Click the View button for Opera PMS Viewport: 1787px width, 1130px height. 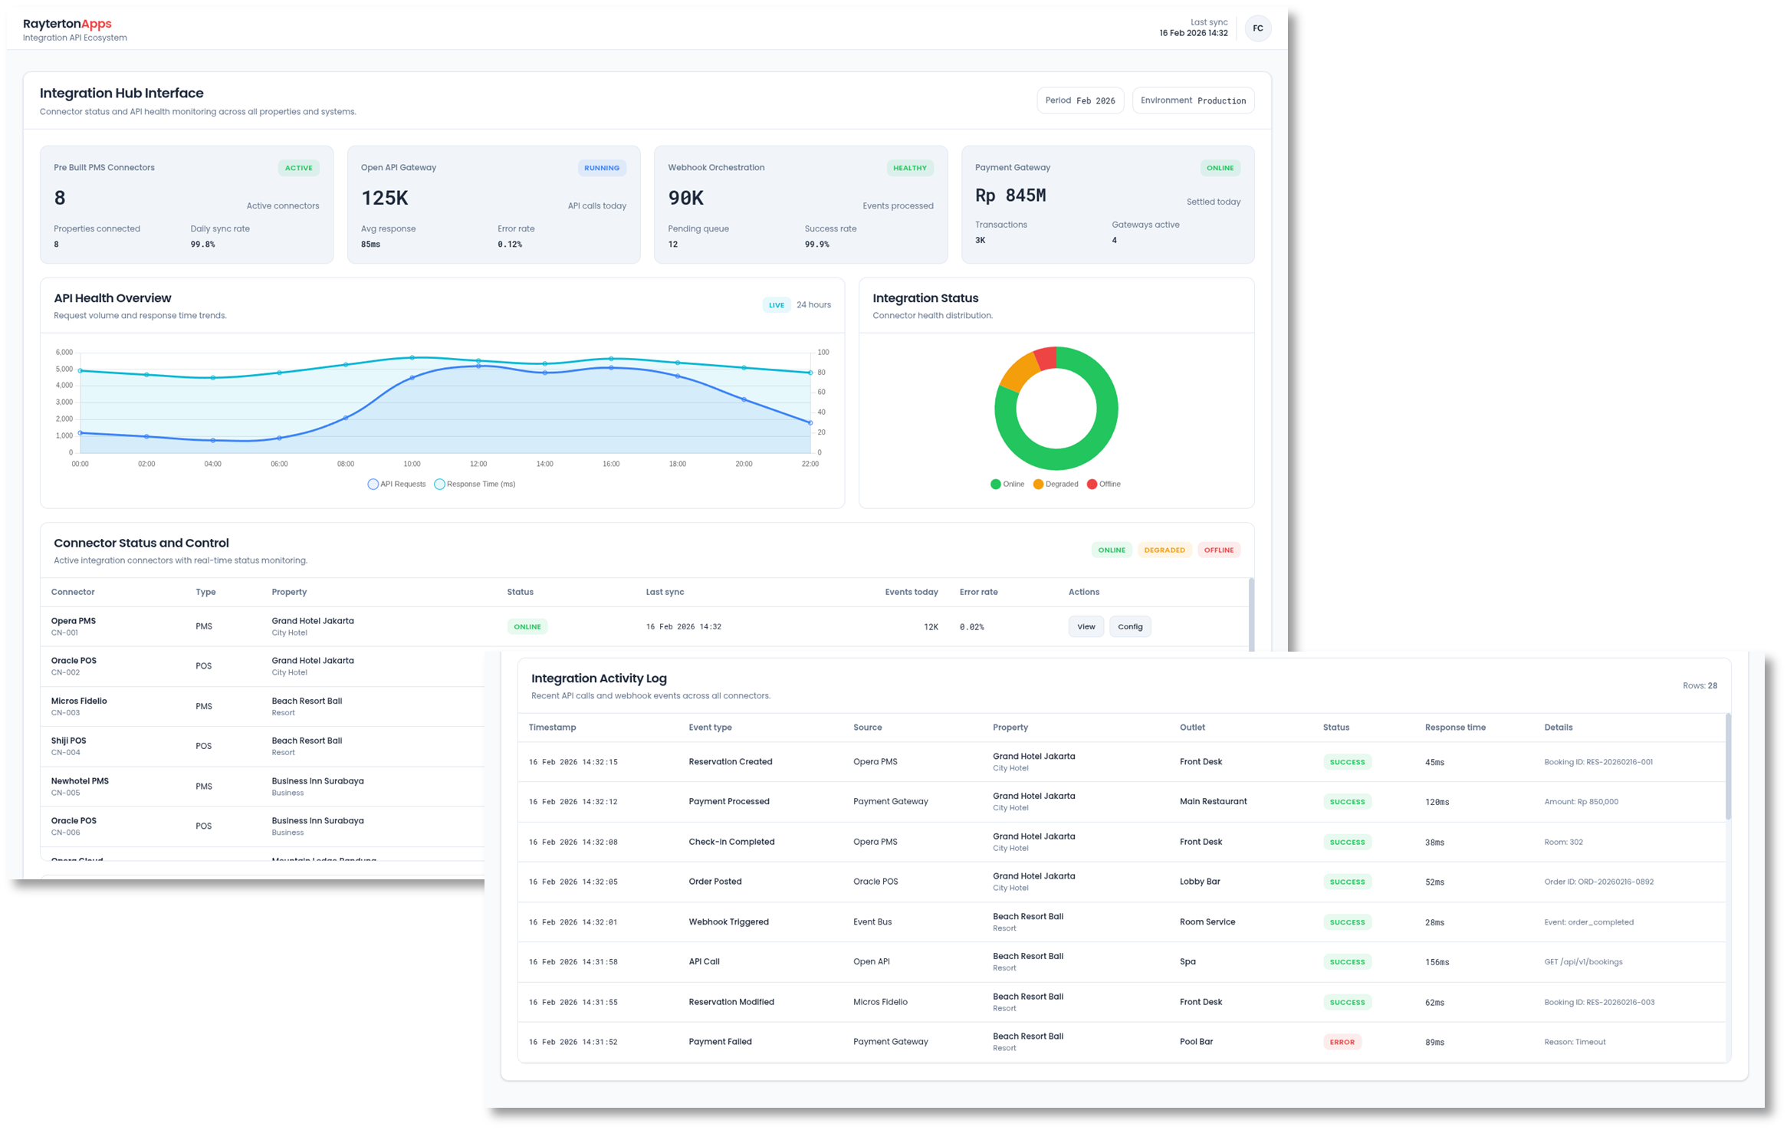click(x=1086, y=626)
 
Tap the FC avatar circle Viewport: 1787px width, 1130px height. click(x=1257, y=28)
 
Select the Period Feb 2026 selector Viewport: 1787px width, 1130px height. click(x=1079, y=100)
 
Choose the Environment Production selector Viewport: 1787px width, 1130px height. click(x=1192, y=100)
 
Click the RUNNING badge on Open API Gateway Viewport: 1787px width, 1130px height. click(x=601, y=168)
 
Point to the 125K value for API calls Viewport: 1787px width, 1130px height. click(x=385, y=198)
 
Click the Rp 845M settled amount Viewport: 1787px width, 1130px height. click(x=1010, y=195)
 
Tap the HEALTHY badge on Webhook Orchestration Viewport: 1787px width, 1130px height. click(x=909, y=168)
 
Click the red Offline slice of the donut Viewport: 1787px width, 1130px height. click(x=1046, y=358)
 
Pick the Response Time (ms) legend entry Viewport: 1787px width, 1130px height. click(x=475, y=485)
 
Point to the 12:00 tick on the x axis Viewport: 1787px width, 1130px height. click(x=478, y=464)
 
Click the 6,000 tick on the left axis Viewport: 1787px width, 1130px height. click(x=64, y=353)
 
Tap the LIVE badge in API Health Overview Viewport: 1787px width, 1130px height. click(x=777, y=305)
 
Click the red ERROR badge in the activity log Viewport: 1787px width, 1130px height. click(x=1342, y=1042)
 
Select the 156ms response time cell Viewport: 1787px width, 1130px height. click(x=1437, y=962)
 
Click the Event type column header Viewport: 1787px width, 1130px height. click(x=710, y=728)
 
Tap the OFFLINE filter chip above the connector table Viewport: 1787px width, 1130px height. click(x=1218, y=550)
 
